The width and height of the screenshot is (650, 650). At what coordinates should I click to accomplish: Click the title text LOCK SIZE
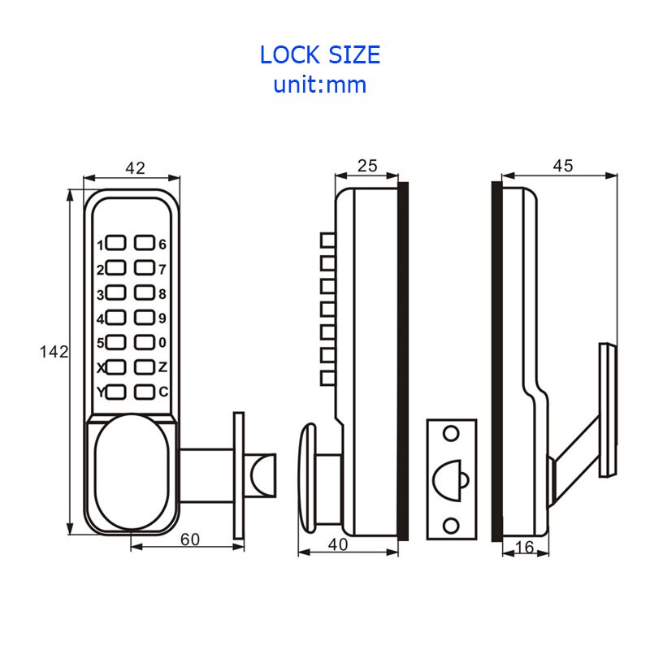tap(319, 54)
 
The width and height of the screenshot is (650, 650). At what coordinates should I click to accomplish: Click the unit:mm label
tap(319, 84)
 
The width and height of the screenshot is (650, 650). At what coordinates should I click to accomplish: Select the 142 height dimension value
tap(54, 352)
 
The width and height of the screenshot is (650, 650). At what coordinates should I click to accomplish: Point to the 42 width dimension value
tap(135, 167)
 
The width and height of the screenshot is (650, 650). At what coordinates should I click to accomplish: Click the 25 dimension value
tap(367, 166)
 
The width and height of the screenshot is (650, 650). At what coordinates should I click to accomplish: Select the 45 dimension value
tap(562, 166)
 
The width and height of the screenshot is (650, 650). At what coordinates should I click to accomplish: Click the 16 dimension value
tap(525, 548)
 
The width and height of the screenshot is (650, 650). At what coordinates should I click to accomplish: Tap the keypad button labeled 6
tap(145, 243)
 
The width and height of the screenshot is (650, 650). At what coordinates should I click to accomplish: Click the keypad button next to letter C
tap(145, 392)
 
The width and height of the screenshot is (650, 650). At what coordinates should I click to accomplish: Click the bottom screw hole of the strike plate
tap(450, 526)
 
